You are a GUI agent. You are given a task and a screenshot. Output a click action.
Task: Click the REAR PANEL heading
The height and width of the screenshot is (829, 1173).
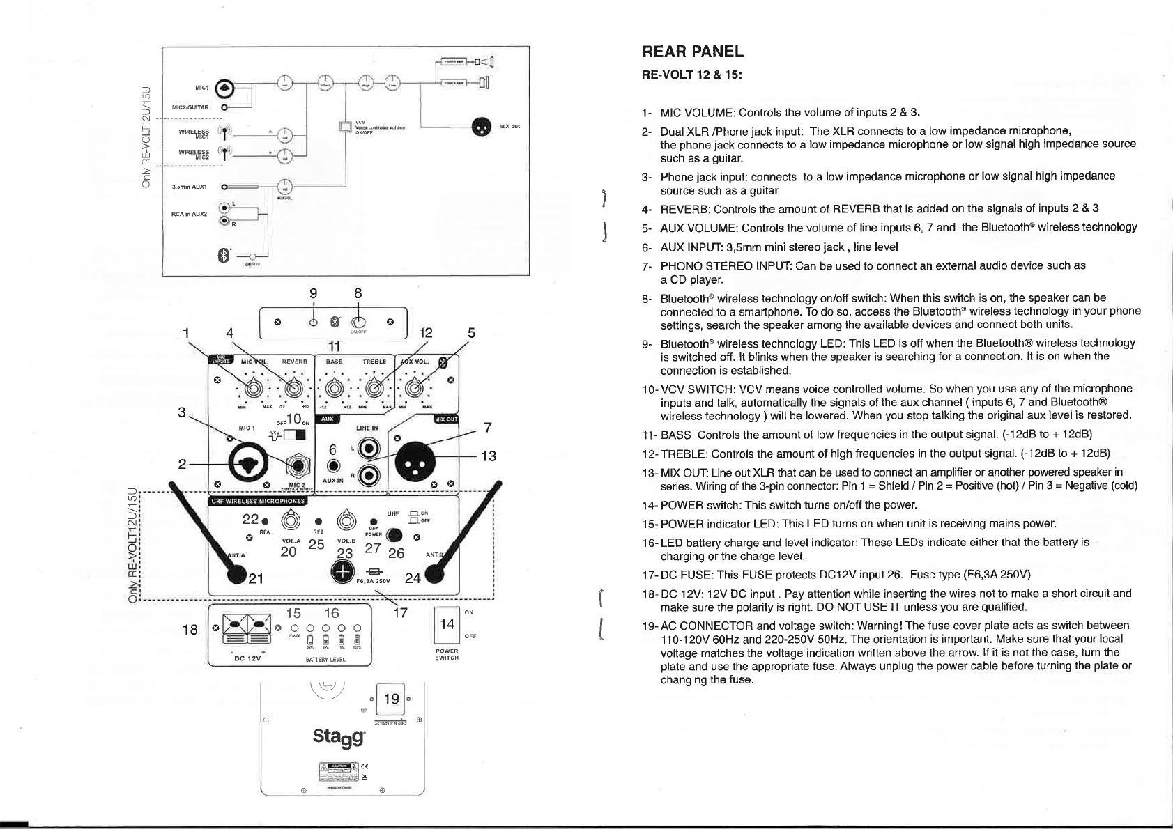692,52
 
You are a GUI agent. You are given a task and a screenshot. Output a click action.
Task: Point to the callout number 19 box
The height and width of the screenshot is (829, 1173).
391,698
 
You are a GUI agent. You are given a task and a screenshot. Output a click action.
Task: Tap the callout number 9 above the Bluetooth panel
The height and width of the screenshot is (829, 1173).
314,293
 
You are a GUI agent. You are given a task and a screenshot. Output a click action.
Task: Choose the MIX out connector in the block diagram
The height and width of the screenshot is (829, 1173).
481,127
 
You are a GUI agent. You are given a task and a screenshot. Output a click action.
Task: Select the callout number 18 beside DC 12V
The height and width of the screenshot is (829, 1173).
190,630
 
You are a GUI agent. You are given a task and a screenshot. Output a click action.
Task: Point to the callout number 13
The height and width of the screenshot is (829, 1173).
489,456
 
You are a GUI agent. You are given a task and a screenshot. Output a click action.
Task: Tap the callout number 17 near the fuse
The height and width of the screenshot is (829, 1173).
400,614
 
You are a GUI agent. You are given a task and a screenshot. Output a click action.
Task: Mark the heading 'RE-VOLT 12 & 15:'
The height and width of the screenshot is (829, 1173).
691,75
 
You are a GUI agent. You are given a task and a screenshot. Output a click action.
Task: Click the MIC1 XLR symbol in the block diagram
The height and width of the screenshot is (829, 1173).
225,88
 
